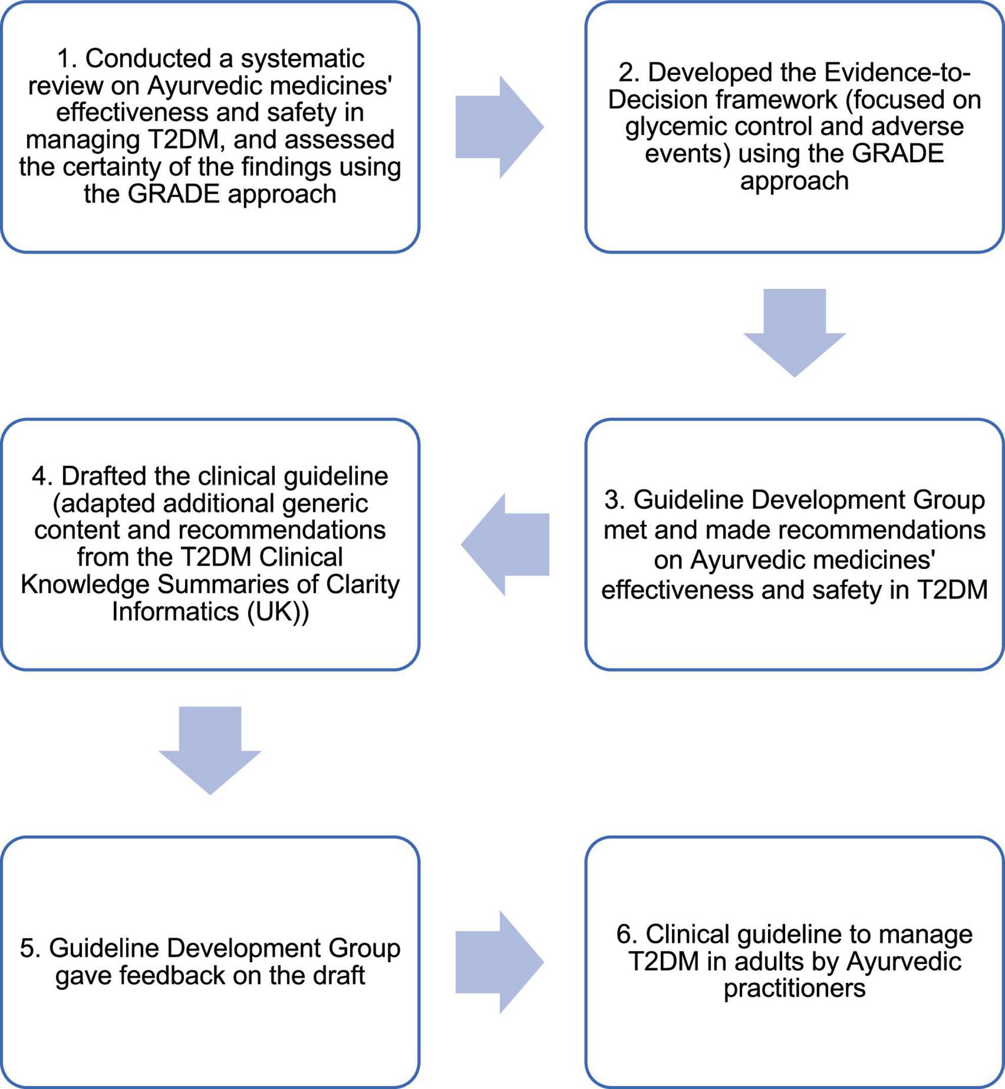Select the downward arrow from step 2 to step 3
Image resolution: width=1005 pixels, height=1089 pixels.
tap(794, 332)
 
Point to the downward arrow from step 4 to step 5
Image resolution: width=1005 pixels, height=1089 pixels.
tap(210, 749)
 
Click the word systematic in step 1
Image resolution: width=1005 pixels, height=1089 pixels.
tap(302, 59)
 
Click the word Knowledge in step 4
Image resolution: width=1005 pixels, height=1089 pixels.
tap(84, 585)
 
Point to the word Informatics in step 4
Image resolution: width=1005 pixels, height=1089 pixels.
tap(175, 612)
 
